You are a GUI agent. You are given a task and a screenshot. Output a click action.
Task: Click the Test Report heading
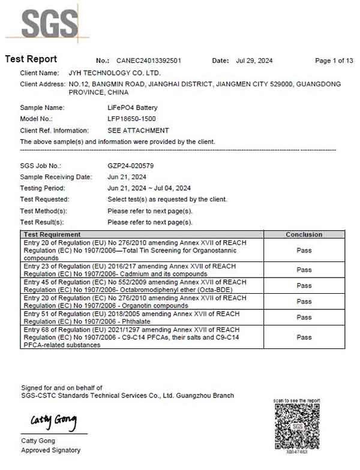pyautogui.click(x=31, y=59)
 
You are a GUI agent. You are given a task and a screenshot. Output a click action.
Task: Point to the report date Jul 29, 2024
pyautogui.click(x=254, y=61)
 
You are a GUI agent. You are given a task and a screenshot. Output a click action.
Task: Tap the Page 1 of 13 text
pyautogui.click(x=334, y=61)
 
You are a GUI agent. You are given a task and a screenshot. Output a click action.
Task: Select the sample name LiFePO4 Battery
pyautogui.click(x=132, y=108)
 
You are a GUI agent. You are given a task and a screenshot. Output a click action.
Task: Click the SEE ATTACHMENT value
pyautogui.click(x=138, y=130)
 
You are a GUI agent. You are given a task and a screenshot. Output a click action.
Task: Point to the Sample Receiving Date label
pyautogui.click(x=56, y=177)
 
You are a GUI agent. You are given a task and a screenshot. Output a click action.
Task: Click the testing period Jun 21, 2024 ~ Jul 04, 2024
pyautogui.click(x=149, y=188)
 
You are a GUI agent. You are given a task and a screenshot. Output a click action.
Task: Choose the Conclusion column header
pyautogui.click(x=304, y=234)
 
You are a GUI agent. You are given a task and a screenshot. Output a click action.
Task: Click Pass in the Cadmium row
pyautogui.click(x=304, y=270)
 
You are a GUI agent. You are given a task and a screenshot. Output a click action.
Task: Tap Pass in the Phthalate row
pyautogui.click(x=304, y=317)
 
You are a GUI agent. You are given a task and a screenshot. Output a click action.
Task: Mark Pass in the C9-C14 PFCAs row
pyautogui.click(x=304, y=337)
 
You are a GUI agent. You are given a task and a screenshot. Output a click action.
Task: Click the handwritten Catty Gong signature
pyautogui.click(x=53, y=423)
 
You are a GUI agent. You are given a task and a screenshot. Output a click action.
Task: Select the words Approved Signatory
pyautogui.click(x=50, y=450)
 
